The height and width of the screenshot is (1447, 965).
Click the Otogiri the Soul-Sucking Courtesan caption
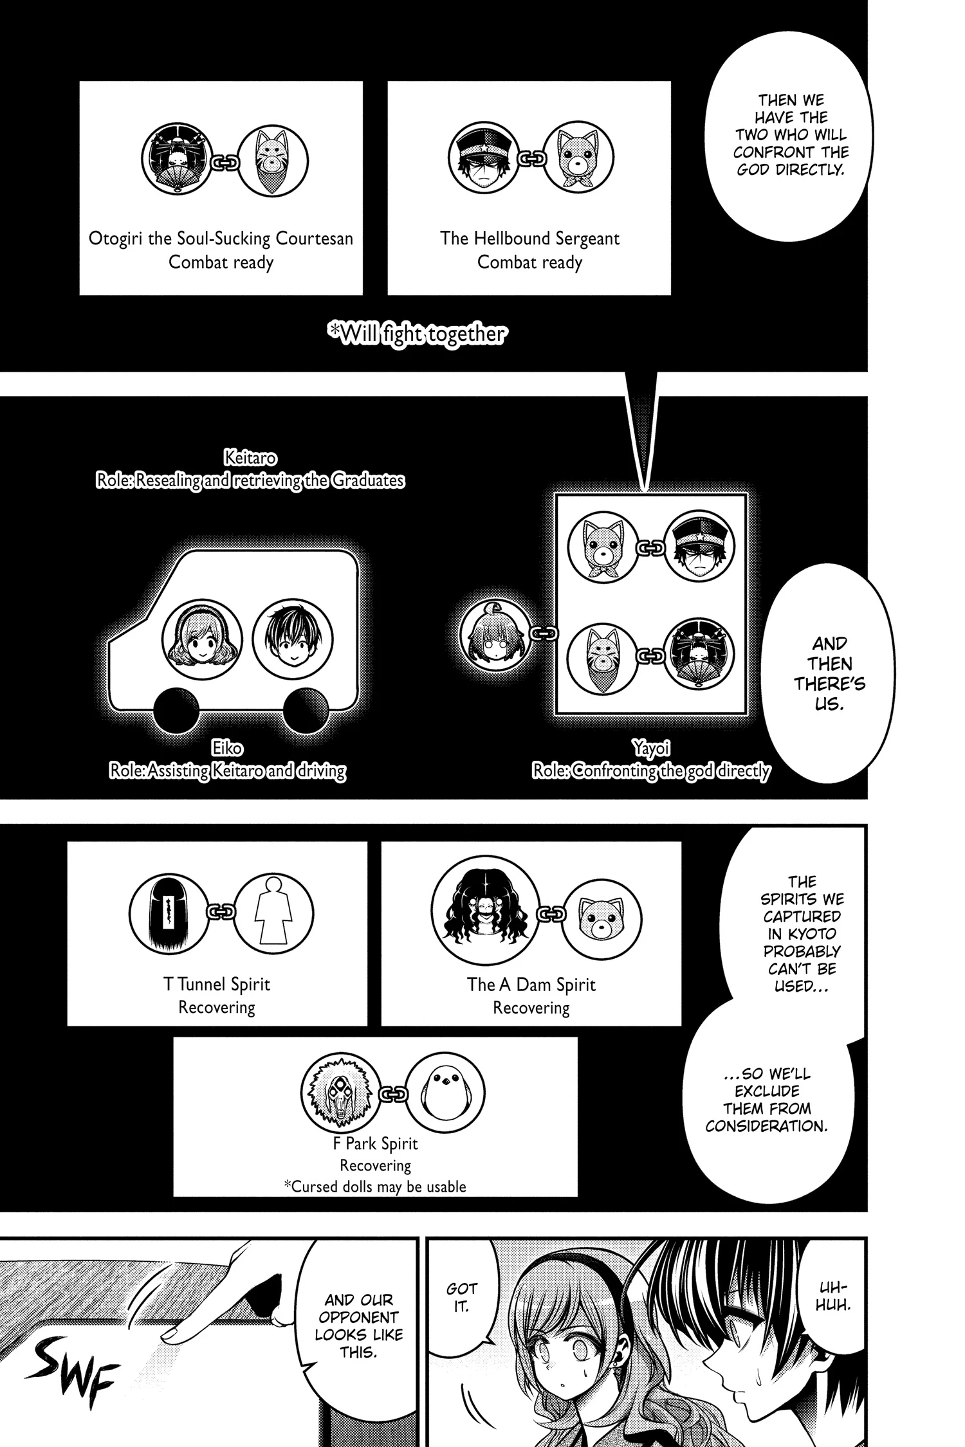click(221, 239)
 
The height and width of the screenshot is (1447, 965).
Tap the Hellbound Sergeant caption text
click(529, 239)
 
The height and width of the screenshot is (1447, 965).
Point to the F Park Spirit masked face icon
click(340, 1093)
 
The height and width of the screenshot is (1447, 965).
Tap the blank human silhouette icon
click(274, 913)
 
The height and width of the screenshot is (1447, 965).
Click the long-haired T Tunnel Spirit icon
click(169, 913)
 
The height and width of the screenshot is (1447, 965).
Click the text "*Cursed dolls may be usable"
click(376, 1187)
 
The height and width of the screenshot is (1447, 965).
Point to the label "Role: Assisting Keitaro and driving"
click(227, 770)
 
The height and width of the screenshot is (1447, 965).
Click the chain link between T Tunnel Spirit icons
click(221, 912)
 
